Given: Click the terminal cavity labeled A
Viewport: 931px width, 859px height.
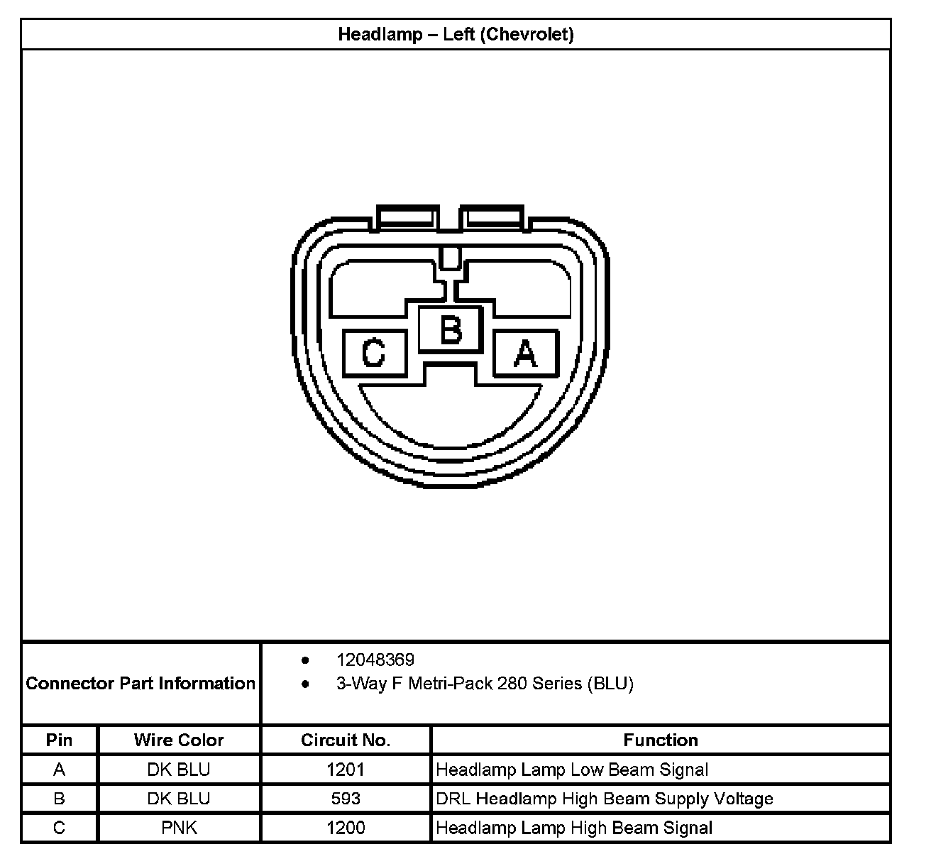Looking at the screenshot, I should click(x=526, y=353).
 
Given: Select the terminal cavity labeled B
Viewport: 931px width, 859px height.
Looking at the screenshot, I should click(x=451, y=329).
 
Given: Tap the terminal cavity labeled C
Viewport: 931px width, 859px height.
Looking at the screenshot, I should click(x=375, y=353).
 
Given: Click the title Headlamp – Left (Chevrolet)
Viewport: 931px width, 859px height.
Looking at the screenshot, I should click(x=456, y=34).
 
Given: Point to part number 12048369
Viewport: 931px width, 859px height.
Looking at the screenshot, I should click(x=375, y=660).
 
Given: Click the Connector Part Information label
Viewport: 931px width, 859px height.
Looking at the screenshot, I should click(x=141, y=684).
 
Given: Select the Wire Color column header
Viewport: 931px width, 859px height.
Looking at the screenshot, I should click(x=179, y=740).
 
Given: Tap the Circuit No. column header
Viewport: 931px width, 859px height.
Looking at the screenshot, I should click(x=346, y=740).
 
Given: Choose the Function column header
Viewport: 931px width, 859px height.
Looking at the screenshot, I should click(x=660, y=740).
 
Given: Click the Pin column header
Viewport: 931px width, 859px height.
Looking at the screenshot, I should click(x=59, y=740).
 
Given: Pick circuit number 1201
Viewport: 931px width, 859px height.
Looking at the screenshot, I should click(x=346, y=770).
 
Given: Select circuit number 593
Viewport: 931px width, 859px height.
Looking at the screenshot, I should click(x=346, y=799).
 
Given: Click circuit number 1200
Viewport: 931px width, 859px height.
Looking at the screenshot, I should click(x=346, y=828).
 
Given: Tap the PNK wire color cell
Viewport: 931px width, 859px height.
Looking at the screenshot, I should click(x=179, y=828).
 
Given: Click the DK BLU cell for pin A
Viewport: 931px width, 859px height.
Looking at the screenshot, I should click(x=179, y=770).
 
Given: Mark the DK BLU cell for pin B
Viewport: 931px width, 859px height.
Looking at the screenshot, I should click(x=179, y=799).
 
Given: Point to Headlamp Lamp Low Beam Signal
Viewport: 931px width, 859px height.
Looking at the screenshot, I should click(x=572, y=770).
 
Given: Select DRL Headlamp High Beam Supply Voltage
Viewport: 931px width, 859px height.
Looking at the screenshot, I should click(x=604, y=799).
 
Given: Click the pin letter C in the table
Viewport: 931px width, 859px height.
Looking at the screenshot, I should click(x=59, y=828).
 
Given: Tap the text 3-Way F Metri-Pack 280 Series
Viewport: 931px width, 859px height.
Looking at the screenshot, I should click(x=459, y=684).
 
